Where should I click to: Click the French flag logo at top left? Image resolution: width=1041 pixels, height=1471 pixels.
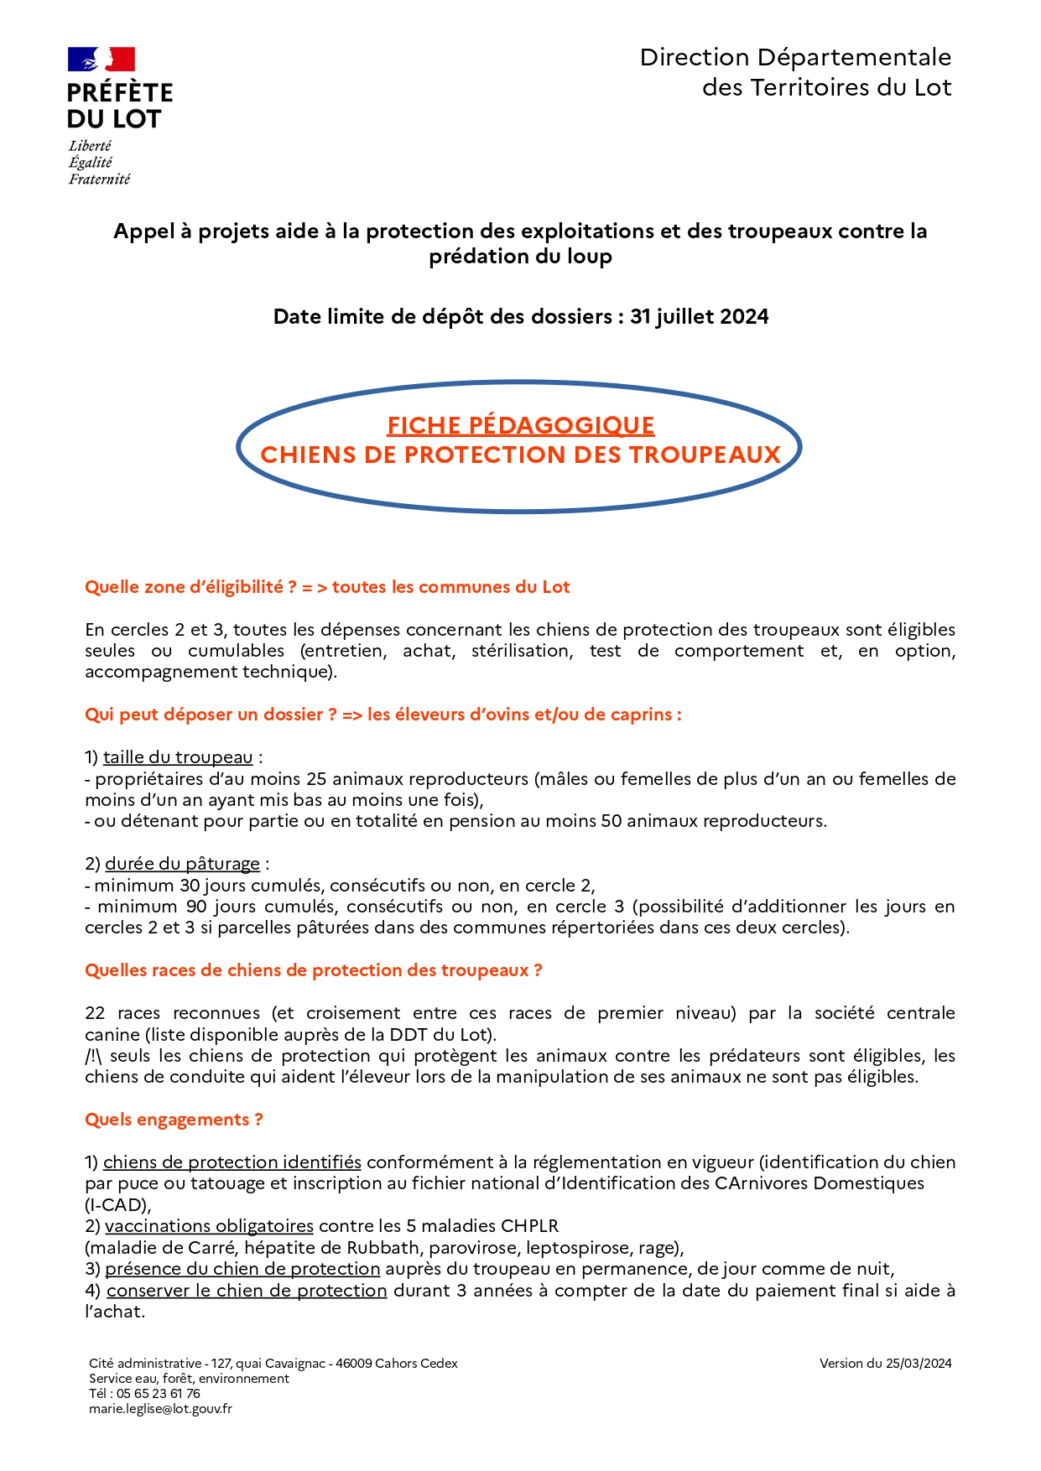point(101,60)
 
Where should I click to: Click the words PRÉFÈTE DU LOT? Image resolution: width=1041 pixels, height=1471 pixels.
point(119,106)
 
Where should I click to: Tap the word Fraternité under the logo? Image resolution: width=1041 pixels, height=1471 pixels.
point(99,179)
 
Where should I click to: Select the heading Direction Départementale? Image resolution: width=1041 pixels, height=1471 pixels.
point(795,58)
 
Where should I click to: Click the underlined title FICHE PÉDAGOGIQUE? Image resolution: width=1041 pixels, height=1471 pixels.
point(520,426)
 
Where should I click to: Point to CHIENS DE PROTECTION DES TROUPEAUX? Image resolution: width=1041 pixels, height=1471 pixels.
point(520,455)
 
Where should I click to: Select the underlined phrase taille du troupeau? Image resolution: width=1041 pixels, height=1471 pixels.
point(178,757)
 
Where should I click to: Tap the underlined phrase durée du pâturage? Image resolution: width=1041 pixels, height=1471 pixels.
point(182,864)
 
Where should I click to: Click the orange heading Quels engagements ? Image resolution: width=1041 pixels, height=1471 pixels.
point(174,1120)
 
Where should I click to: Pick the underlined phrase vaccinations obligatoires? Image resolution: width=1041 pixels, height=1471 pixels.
point(209,1226)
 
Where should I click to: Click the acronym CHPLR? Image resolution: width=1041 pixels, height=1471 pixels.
point(529,1226)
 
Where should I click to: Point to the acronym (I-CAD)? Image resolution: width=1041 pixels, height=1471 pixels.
point(117,1205)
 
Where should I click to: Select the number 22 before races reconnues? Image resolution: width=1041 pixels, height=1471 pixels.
point(95,1013)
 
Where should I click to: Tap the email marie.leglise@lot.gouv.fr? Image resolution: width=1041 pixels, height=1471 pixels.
point(160,1409)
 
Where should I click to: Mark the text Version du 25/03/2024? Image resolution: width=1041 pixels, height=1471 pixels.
point(885,1364)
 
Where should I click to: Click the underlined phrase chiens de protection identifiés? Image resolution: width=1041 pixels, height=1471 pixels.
point(232,1162)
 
